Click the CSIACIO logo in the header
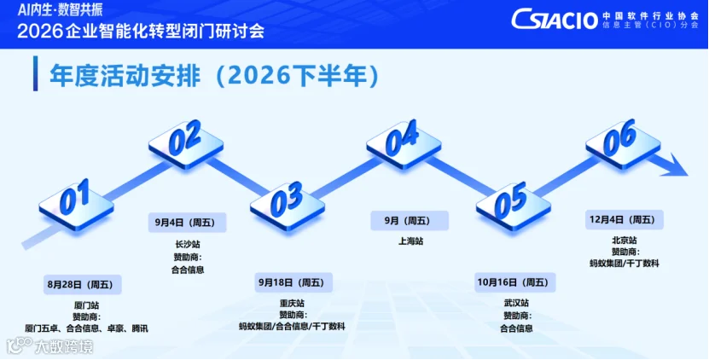(x=555, y=20)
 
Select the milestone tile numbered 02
(x=186, y=142)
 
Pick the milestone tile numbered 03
(x=288, y=205)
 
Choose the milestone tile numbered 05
(x=514, y=206)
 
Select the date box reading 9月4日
(x=187, y=222)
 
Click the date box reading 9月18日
(x=293, y=282)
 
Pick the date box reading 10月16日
(x=515, y=282)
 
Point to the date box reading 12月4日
(x=625, y=220)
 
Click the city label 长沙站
(x=188, y=245)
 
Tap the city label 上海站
(x=410, y=241)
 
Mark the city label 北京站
(x=624, y=241)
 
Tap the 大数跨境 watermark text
(x=64, y=347)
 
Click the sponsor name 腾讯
(x=140, y=328)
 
